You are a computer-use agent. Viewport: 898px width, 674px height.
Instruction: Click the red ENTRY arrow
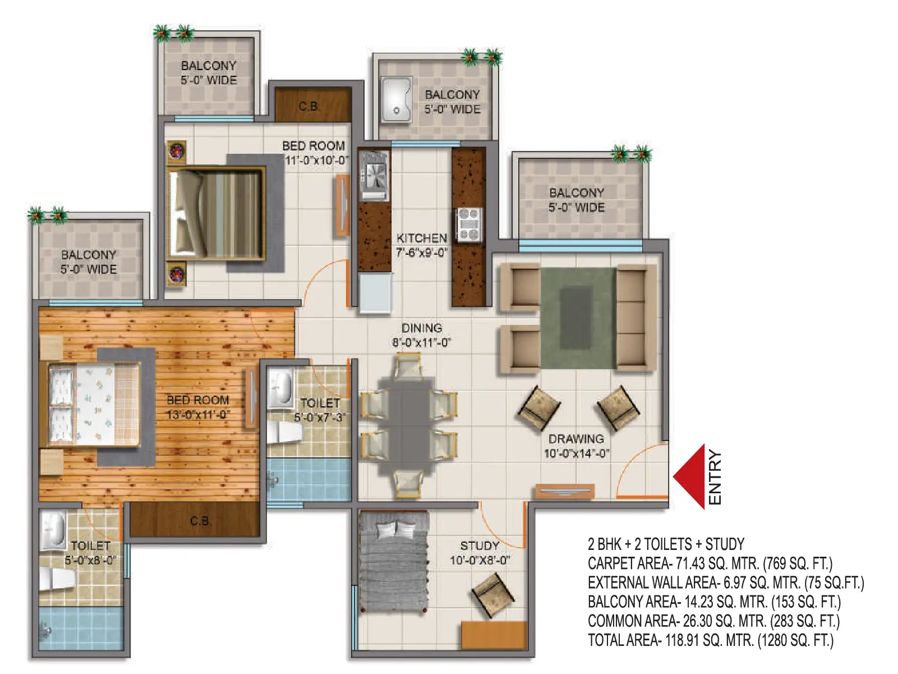(x=690, y=477)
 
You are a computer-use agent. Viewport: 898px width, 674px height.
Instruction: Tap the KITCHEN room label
(x=422, y=238)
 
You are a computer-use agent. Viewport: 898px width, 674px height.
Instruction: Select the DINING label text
(x=421, y=328)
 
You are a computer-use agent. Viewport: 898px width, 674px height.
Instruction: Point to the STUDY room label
(x=480, y=545)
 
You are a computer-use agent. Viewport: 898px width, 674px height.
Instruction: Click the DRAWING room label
(x=576, y=439)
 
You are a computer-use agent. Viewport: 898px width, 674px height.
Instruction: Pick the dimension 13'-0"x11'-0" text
(x=198, y=415)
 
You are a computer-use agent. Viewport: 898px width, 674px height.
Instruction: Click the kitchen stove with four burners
(x=469, y=224)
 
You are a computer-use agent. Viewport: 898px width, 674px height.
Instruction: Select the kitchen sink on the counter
(x=374, y=176)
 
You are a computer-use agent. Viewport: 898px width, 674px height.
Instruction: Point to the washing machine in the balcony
(x=397, y=99)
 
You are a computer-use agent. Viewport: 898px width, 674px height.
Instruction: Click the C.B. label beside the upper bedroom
(x=309, y=107)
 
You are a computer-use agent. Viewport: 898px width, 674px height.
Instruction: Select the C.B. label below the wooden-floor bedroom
(x=200, y=521)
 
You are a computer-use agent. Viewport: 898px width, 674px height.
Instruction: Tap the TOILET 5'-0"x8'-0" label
(x=90, y=553)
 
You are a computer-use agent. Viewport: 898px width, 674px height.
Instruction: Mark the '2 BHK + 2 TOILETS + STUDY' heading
(x=666, y=544)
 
